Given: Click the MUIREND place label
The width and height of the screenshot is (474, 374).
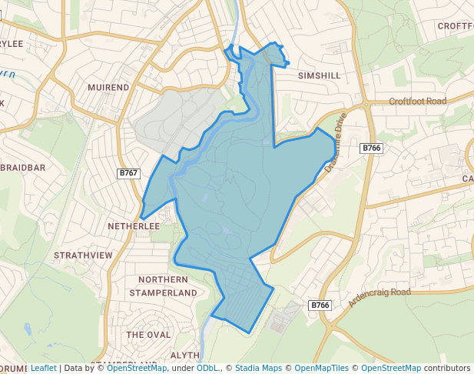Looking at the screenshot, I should [108, 88].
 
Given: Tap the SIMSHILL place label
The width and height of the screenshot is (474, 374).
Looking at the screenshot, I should [318, 76].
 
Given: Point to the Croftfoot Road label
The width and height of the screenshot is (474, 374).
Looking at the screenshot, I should [417, 102].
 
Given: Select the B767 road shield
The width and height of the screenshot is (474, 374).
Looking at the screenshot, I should [128, 173].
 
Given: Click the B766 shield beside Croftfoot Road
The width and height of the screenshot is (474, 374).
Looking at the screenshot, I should [371, 148].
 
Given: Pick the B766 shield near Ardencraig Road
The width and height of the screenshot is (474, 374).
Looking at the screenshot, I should [320, 306].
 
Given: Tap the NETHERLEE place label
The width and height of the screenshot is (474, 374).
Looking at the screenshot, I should [134, 226].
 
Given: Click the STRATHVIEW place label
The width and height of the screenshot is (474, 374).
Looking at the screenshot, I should [83, 255].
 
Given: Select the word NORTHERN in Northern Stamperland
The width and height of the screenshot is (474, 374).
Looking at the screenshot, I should [162, 279].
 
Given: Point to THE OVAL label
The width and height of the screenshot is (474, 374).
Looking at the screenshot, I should [148, 335].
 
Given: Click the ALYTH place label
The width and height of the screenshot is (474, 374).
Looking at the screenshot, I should [184, 355].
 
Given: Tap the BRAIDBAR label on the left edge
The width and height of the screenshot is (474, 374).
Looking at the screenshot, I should [25, 167].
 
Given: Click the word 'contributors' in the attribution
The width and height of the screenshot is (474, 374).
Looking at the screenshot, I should [447, 368].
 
